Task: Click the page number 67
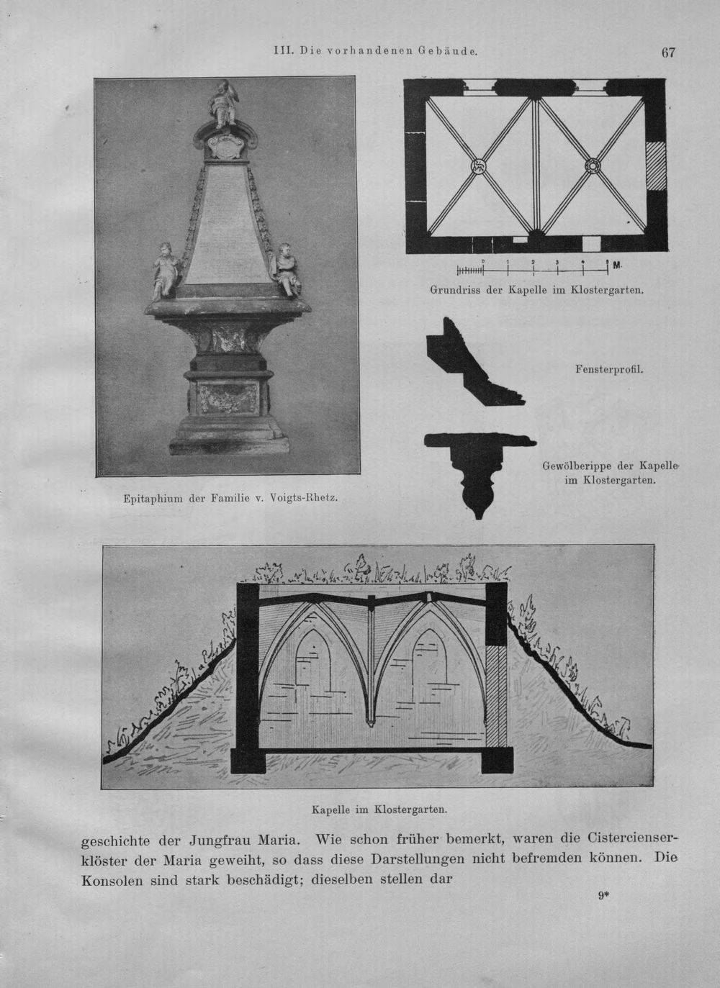pos(668,53)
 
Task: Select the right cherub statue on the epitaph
pos(287,270)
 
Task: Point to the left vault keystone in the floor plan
pos(477,166)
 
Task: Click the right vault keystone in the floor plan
pos(592,166)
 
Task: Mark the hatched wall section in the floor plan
pos(655,166)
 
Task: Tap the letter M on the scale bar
pos(617,265)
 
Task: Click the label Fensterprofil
pos(609,370)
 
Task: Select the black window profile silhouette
pos(472,363)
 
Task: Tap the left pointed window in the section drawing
pos(313,661)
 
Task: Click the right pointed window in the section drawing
pos(430,661)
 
